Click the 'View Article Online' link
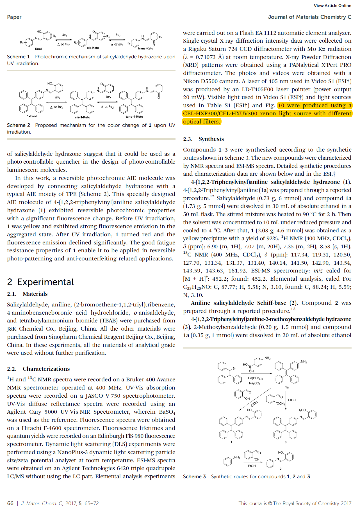point(332,6)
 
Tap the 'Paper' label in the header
point(14,17)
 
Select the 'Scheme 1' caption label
point(18,57)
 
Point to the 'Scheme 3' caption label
point(194,477)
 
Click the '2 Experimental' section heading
point(40,282)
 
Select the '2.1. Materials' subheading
point(27,294)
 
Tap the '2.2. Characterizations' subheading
point(38,369)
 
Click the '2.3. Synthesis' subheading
point(203,139)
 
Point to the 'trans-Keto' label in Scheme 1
point(145,48)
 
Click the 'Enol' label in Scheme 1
point(38,49)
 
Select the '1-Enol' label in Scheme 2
point(32,116)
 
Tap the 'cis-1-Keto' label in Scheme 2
point(83,117)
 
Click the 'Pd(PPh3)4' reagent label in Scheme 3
point(255,378)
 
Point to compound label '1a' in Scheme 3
point(287,387)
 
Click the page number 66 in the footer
point(10,503)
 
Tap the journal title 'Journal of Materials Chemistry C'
point(309,17)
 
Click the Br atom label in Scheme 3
point(234,368)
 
